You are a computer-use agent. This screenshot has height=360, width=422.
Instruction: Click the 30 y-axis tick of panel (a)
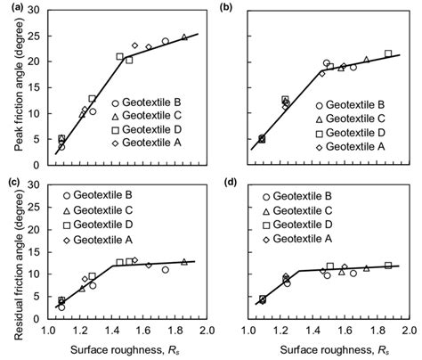point(36,10)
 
